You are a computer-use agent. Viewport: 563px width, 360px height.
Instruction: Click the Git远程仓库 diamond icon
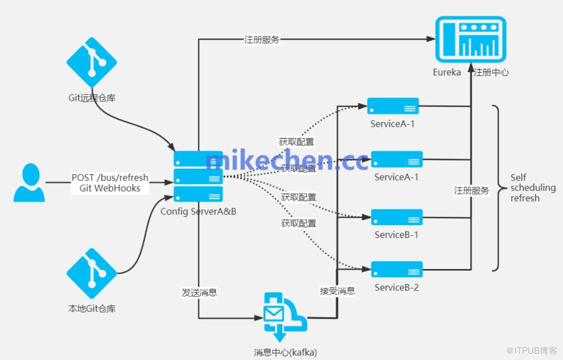point(92,62)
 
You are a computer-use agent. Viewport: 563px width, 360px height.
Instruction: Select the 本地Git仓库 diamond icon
point(92,273)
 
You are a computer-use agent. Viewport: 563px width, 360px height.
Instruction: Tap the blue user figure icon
point(30,182)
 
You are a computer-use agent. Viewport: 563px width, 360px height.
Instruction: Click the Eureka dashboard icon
point(471,39)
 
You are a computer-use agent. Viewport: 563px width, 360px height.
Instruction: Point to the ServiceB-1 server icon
point(397,218)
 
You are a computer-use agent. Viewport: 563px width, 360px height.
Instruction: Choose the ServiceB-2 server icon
point(397,270)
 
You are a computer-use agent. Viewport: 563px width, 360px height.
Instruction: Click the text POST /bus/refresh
point(110,178)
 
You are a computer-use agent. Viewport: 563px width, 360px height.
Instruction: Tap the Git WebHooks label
point(110,188)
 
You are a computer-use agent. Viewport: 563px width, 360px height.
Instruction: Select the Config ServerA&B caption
point(198,211)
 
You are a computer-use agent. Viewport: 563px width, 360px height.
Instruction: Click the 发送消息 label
point(199,292)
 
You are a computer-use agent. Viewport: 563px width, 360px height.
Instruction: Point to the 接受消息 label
point(338,291)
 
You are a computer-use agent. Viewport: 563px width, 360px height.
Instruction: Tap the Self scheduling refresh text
point(533,187)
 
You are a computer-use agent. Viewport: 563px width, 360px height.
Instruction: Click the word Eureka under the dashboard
point(447,72)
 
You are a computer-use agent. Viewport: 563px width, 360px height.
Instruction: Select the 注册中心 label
point(491,72)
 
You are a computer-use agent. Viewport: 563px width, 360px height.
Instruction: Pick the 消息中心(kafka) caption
point(285,352)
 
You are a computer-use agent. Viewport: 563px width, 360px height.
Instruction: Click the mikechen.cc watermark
point(287,160)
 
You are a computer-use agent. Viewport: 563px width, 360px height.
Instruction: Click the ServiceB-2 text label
point(397,287)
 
